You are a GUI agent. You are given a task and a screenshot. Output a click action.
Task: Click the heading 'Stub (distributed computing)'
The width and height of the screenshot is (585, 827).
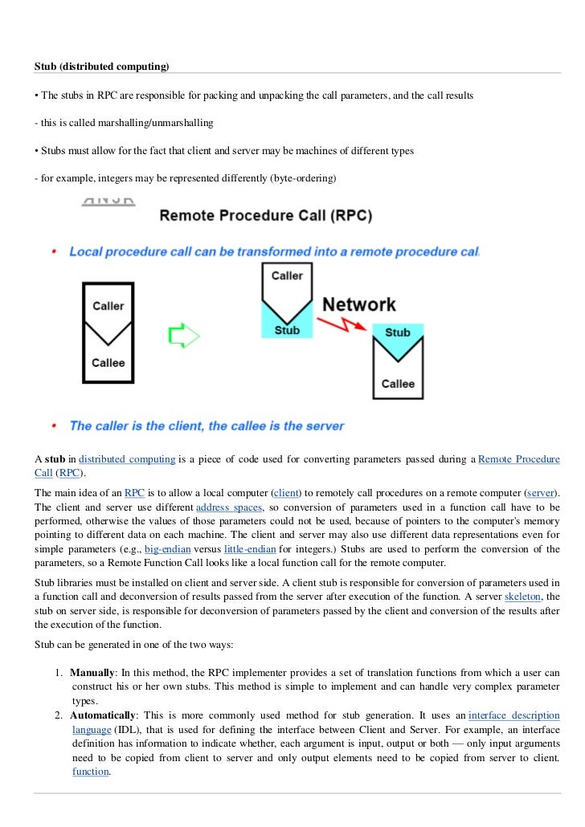click(102, 64)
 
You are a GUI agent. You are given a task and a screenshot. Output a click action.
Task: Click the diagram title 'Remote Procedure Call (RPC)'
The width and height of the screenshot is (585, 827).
click(265, 216)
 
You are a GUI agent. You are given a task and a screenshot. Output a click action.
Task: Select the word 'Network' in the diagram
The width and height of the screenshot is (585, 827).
click(358, 304)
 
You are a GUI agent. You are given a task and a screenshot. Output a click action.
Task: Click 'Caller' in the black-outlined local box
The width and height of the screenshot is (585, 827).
click(108, 305)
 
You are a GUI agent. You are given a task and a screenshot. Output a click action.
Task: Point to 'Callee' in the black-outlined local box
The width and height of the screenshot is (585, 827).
click(108, 362)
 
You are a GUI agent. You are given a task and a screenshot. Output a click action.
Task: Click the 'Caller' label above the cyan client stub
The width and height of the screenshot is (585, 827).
click(287, 275)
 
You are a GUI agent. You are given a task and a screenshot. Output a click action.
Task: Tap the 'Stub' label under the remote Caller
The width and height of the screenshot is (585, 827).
click(287, 329)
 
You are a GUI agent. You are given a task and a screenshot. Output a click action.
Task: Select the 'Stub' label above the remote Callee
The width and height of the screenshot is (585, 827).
click(398, 332)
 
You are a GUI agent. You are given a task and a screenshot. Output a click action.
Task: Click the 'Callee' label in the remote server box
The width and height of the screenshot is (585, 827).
click(398, 383)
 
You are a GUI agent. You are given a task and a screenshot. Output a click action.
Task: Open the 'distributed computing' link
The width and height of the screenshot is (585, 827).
click(127, 459)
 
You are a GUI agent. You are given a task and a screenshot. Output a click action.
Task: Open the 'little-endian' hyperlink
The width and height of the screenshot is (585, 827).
click(250, 549)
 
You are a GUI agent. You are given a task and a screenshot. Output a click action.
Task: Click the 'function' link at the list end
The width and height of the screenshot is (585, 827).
click(90, 772)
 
